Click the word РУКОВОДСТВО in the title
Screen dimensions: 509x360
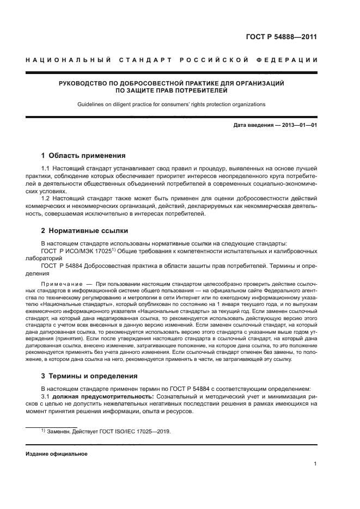(85, 83)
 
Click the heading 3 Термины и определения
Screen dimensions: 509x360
(89, 376)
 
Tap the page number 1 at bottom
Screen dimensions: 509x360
(315, 464)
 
